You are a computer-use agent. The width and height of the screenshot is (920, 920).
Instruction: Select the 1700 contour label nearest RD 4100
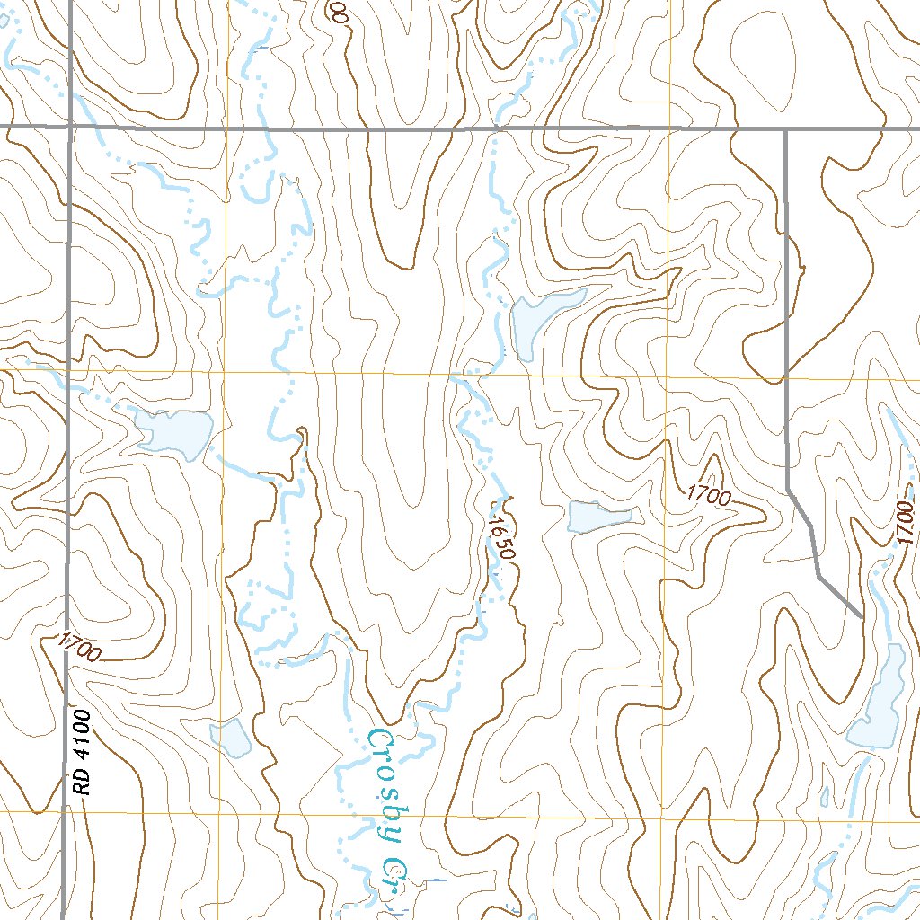coord(78,648)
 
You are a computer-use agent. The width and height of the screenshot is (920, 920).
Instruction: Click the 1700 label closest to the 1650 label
coord(711,495)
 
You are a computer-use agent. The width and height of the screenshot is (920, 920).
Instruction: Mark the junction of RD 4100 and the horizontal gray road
coord(70,128)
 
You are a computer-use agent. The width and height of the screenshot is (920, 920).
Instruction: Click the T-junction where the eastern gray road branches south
coord(786,129)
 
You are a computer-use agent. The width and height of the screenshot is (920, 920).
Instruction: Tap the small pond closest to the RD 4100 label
coord(231,738)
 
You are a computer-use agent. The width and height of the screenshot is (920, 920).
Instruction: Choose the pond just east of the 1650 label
coord(598,516)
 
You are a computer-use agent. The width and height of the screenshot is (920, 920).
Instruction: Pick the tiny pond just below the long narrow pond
coord(825,797)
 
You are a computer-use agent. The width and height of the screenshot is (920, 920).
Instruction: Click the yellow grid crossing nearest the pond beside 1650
coord(666,376)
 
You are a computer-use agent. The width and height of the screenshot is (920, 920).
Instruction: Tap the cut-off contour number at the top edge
coord(338,11)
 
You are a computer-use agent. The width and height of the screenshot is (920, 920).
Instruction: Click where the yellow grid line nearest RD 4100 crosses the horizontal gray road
coord(228,128)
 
